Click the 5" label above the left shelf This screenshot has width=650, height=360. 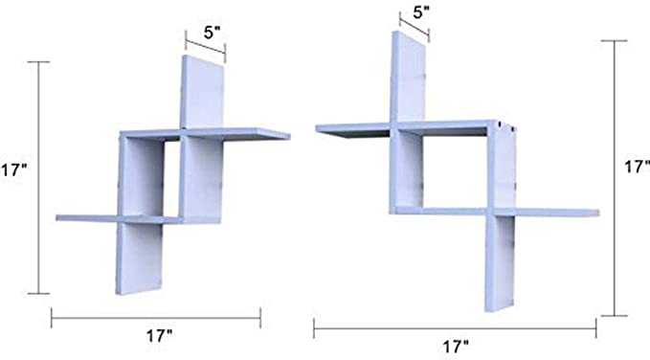[212, 33]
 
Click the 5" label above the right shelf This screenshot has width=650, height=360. [421, 12]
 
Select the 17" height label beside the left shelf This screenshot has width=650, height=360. [13, 170]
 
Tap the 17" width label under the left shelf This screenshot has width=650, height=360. [159, 335]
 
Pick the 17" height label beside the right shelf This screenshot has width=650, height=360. [638, 167]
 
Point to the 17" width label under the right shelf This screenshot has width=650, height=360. [456, 347]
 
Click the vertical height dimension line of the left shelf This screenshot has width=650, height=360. [38, 177]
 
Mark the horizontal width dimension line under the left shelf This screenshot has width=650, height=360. [156, 318]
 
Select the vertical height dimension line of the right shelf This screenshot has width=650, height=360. [615, 178]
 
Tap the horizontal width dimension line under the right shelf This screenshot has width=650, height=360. [455, 328]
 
